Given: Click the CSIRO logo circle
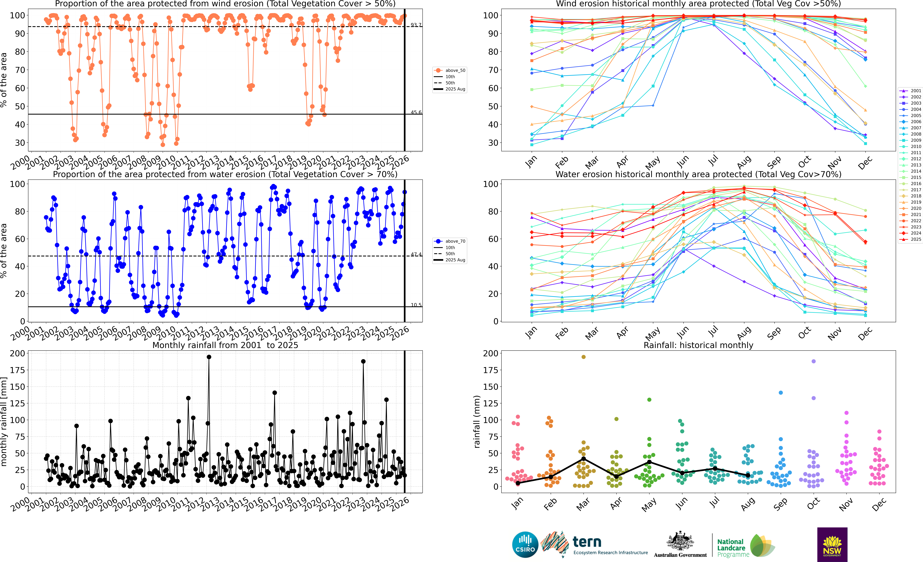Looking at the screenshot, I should tap(525, 544).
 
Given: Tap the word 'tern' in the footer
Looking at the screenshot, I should tap(587, 542).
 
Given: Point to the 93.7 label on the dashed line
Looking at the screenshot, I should tap(416, 25).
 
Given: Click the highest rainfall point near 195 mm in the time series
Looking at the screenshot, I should tap(209, 357).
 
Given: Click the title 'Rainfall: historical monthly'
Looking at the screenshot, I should tap(698, 345).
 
